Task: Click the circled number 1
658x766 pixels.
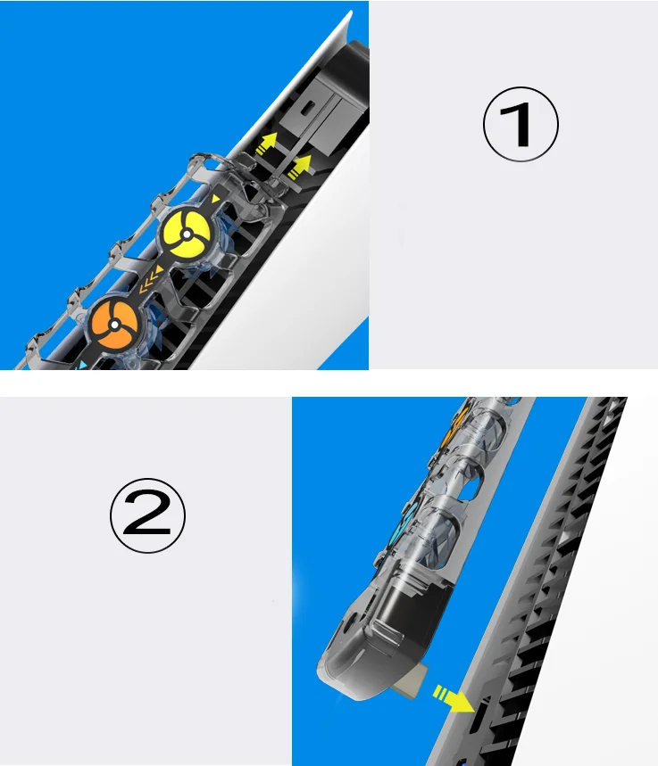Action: point(521,124)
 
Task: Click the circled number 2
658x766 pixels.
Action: point(147,515)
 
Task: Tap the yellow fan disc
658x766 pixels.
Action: point(187,235)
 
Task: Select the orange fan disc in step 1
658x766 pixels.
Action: point(114,325)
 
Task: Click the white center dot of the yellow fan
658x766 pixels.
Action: point(187,235)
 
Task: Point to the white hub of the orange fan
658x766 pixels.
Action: point(114,325)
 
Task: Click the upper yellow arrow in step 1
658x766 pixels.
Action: point(267,144)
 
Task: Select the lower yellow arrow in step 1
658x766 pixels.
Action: point(299,167)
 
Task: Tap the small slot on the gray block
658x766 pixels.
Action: point(308,107)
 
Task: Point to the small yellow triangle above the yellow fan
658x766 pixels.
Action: point(215,198)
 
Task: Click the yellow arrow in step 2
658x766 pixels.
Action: point(453,698)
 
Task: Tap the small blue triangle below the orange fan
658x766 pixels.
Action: point(83,365)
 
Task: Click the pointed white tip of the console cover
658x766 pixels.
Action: point(350,12)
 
